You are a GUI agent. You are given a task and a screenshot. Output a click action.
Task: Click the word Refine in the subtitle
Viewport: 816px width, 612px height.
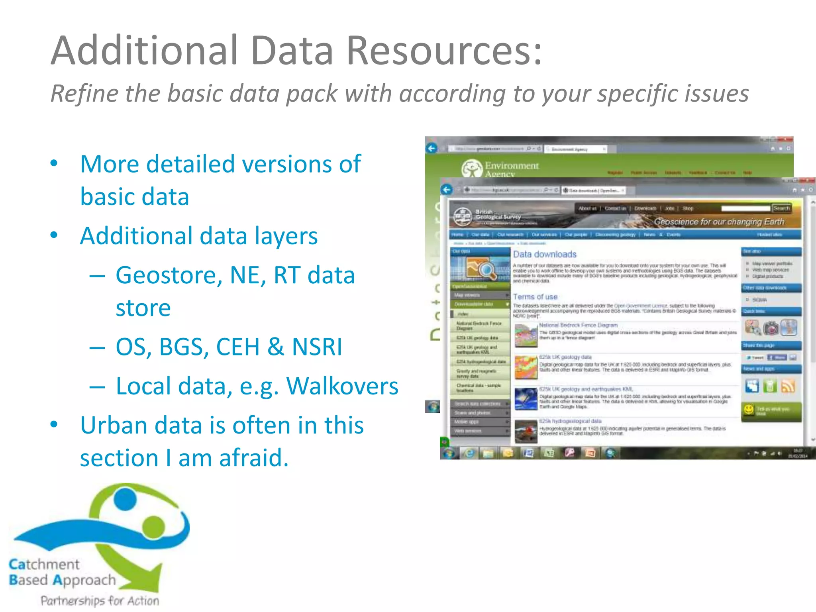click(x=83, y=94)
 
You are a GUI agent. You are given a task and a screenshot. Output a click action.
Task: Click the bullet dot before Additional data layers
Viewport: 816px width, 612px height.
click(x=54, y=235)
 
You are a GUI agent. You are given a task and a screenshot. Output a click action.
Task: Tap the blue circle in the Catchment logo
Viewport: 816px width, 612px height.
click(x=125, y=499)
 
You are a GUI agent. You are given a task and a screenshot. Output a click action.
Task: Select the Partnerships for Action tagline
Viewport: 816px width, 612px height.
click(x=100, y=600)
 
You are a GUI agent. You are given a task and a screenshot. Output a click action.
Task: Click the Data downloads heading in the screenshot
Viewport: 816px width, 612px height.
click(x=545, y=254)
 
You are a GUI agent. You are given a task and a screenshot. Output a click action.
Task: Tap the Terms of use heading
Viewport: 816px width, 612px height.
click(x=535, y=297)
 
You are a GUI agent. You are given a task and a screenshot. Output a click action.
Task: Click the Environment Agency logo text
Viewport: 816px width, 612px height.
click(x=511, y=169)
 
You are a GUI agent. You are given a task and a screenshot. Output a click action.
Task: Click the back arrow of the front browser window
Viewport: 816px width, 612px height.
click(x=447, y=190)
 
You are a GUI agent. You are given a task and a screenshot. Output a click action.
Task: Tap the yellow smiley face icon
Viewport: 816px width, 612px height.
click(x=749, y=409)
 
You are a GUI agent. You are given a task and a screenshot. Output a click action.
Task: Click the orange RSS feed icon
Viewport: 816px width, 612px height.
click(x=788, y=386)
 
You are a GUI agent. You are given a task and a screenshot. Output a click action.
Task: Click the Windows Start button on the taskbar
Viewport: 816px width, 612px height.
click(x=449, y=453)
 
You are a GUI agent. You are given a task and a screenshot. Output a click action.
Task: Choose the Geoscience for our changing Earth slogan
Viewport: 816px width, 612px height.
click(x=719, y=222)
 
